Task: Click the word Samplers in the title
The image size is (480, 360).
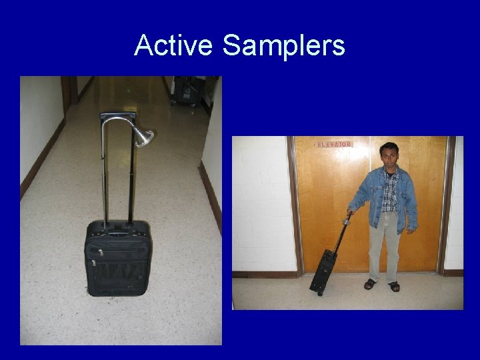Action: click(283, 45)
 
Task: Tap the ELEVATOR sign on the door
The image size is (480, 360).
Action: click(333, 144)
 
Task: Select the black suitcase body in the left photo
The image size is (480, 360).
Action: click(118, 260)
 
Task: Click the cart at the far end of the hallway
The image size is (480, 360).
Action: click(187, 91)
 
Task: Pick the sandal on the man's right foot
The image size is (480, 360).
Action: click(370, 284)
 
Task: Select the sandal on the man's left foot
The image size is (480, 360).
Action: click(395, 287)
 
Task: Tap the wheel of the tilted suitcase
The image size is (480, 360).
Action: click(320, 293)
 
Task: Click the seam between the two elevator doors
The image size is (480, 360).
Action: click(370, 200)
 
